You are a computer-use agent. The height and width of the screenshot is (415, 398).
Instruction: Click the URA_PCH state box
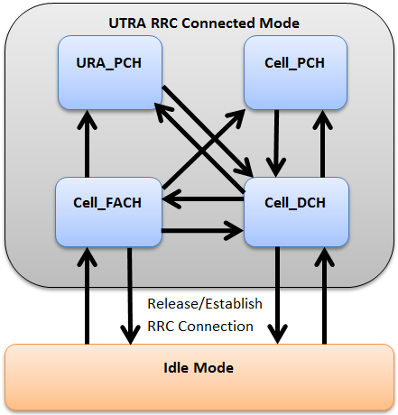click(x=110, y=72)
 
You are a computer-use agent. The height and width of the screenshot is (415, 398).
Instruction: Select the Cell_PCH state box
click(x=296, y=72)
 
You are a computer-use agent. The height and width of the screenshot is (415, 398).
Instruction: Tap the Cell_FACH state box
click(x=109, y=212)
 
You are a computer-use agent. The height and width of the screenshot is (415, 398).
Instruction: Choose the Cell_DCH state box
click(x=296, y=212)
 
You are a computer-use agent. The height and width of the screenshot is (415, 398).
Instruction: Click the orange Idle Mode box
click(x=199, y=377)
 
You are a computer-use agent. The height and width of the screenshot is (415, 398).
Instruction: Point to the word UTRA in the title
click(x=127, y=23)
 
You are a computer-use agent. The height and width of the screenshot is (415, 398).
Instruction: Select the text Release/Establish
click(x=205, y=304)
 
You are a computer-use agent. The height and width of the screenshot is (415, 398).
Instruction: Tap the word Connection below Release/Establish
click(x=216, y=327)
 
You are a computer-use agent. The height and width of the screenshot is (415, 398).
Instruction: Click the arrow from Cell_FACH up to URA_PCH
click(x=88, y=143)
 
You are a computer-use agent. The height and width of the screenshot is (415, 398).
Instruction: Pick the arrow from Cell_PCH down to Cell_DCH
click(x=276, y=143)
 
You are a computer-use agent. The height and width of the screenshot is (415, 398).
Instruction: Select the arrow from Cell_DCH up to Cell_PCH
click(x=322, y=143)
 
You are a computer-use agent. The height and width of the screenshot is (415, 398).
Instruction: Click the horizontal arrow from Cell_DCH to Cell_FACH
click(x=203, y=199)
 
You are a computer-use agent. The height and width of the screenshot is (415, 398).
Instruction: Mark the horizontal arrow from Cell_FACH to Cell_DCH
click(x=203, y=231)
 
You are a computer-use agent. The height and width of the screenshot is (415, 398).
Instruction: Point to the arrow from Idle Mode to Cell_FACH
click(x=88, y=296)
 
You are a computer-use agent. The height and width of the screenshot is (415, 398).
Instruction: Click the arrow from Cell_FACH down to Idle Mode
click(x=130, y=296)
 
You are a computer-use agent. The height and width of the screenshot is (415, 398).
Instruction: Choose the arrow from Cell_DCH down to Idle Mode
click(x=278, y=295)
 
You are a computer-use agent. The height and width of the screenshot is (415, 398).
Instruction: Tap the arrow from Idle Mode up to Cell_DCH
click(x=324, y=296)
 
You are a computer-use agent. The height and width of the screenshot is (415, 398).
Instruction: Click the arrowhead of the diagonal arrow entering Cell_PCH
click(x=237, y=117)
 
